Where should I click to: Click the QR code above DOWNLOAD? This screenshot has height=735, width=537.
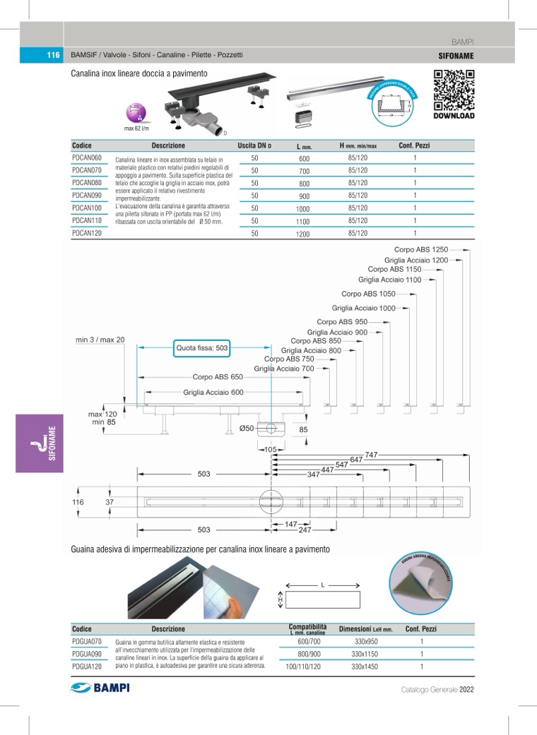pyautogui.click(x=453, y=90)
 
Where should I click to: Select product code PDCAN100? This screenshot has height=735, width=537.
pyautogui.click(x=88, y=208)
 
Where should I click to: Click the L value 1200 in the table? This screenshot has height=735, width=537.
pyautogui.click(x=303, y=234)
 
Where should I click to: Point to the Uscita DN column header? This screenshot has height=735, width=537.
pyautogui.click(x=255, y=145)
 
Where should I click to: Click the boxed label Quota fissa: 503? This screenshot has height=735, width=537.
pyautogui.click(x=202, y=348)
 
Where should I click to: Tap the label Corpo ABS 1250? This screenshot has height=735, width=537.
pyautogui.click(x=421, y=249)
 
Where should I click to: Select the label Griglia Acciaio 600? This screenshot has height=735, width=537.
pyautogui.click(x=213, y=393)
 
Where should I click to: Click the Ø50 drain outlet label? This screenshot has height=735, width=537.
pyautogui.click(x=247, y=428)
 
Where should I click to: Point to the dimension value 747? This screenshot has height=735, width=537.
pyautogui.click(x=373, y=454)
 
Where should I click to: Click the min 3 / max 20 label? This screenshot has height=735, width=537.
pyautogui.click(x=100, y=340)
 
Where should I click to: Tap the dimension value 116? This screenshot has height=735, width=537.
pyautogui.click(x=78, y=502)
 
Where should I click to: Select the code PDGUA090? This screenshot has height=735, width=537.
pyautogui.click(x=88, y=653)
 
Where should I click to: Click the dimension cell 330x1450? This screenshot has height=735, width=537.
pyautogui.click(x=365, y=666)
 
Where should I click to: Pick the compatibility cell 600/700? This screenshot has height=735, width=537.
pyautogui.click(x=309, y=642)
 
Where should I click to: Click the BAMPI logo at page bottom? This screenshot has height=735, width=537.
pyautogui.click(x=100, y=688)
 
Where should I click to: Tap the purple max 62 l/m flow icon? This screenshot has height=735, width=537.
pyautogui.click(x=135, y=113)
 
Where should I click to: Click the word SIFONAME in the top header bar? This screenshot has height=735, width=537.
pyautogui.click(x=456, y=55)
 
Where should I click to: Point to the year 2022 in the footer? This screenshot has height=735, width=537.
pyautogui.click(x=466, y=690)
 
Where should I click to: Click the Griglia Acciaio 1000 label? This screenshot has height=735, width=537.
pyautogui.click(x=364, y=308)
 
